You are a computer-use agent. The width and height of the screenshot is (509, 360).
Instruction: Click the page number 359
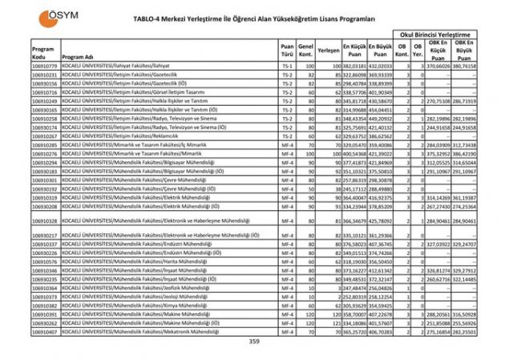tap(254, 342)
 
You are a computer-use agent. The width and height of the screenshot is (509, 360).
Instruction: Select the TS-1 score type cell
tap(286, 65)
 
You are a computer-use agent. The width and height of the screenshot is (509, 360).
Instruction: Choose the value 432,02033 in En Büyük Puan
tap(382, 65)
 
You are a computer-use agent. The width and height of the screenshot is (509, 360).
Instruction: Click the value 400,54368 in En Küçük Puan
tap(355, 153)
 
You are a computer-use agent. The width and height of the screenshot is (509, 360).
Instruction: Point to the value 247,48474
tap(355, 287)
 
